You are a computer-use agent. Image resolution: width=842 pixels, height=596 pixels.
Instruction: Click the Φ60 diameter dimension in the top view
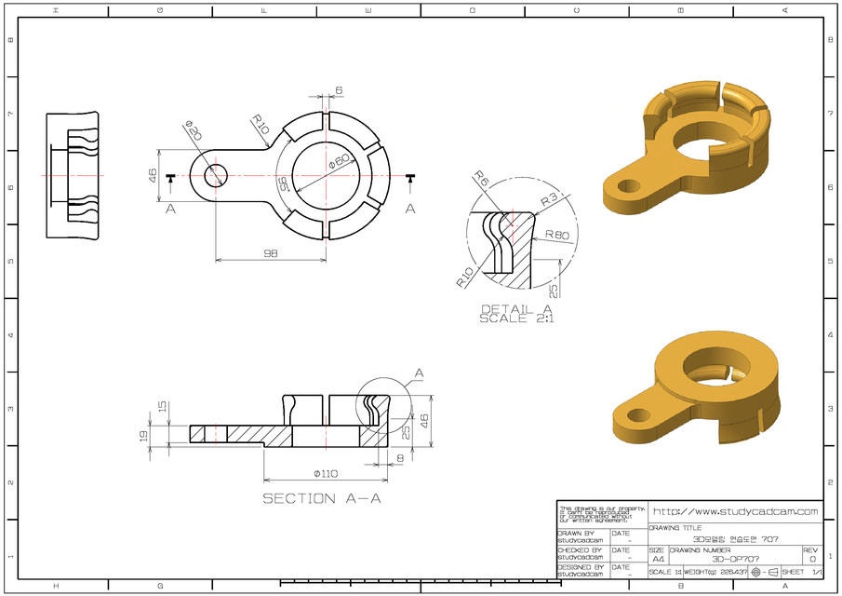(339, 161)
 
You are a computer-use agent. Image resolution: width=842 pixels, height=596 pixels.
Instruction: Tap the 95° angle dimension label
(282, 183)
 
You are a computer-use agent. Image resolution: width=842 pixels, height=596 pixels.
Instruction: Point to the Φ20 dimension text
(193, 130)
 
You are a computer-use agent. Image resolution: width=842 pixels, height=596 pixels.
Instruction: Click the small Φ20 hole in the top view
(216, 174)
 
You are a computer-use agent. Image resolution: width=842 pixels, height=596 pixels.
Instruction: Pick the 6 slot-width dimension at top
(339, 90)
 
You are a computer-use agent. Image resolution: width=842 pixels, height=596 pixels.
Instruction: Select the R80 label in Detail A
(556, 235)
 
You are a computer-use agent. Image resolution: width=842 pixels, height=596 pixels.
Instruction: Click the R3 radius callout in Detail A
(550, 198)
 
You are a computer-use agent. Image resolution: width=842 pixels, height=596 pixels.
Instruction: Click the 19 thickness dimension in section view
(143, 435)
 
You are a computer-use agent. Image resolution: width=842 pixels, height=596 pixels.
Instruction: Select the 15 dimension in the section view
(163, 407)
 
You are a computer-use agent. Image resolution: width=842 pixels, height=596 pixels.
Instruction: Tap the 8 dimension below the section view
(400, 458)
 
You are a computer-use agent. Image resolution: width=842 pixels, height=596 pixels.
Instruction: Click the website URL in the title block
(735, 511)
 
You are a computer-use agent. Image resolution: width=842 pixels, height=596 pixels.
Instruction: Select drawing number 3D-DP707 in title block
(735, 559)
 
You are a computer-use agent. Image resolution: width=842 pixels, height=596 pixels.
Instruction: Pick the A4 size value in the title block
(658, 559)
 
